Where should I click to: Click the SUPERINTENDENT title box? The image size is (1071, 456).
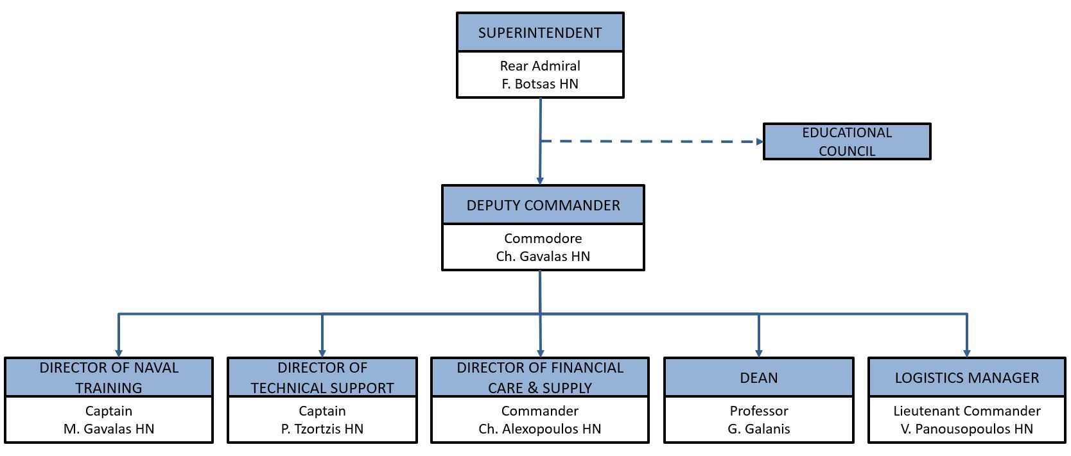point(540,33)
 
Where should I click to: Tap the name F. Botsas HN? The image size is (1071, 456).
point(540,84)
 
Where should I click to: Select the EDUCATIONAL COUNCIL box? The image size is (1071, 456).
point(847,142)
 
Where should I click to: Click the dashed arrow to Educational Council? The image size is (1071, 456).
point(649,141)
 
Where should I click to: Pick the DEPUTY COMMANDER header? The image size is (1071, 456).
point(543,205)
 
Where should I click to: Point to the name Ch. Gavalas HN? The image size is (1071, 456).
point(543,257)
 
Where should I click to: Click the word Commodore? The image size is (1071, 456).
point(543,239)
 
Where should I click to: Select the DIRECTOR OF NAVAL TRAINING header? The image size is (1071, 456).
point(109,377)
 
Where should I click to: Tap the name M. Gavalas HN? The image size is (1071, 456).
point(109,429)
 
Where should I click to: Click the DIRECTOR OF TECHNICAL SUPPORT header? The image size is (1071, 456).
point(322,377)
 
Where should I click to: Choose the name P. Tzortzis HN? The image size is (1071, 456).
point(322,429)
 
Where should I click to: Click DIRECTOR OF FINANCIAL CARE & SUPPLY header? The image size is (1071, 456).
point(540,377)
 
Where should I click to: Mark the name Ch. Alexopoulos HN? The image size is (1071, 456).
point(540,429)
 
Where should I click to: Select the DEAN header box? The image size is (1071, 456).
point(759,378)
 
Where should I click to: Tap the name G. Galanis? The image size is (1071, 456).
point(759,429)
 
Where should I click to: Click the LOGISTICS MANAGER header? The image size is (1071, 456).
point(967,378)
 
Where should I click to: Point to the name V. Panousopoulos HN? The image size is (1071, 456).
point(967,429)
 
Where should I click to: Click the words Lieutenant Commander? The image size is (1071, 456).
point(967,411)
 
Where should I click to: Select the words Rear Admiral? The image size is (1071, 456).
point(540,66)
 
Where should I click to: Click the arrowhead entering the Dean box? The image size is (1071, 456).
point(759,353)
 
